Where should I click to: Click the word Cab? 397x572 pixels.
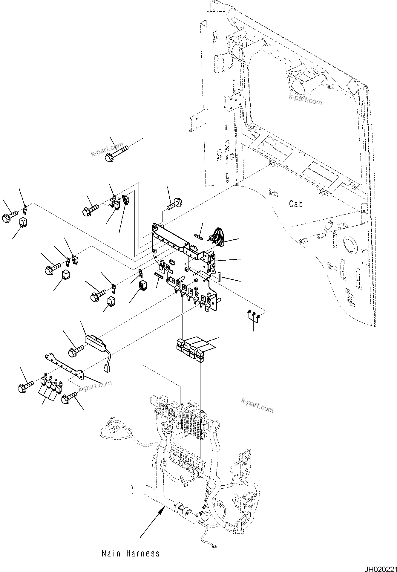tap(296, 204)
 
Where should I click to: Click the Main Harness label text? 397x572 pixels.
tap(131, 553)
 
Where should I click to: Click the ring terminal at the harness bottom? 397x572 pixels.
tap(214, 547)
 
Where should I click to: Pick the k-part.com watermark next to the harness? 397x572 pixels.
tap(257, 405)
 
